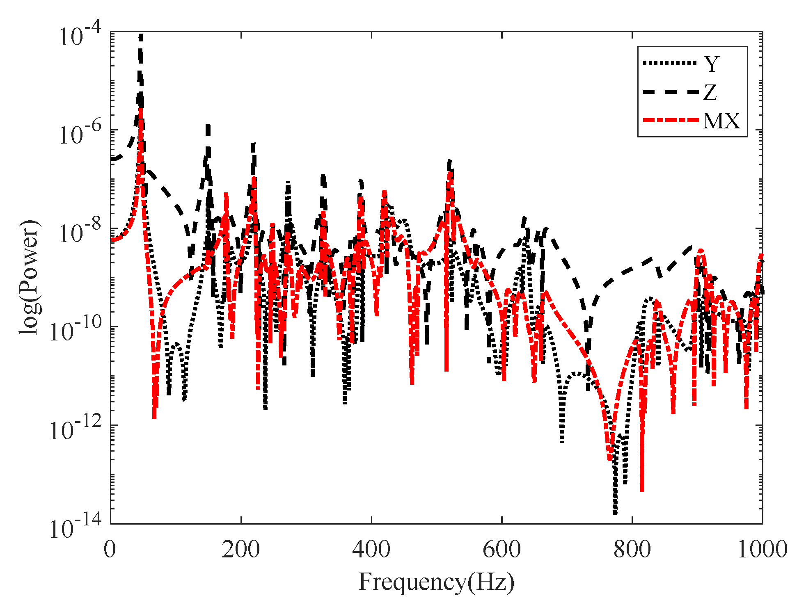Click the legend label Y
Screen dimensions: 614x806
pyautogui.click(x=712, y=64)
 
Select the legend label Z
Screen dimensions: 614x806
pyautogui.click(x=710, y=92)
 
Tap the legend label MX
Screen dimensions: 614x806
pyautogui.click(x=721, y=121)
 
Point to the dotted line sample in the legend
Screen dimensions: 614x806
pyautogui.click(x=670, y=63)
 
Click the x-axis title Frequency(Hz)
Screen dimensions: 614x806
pyautogui.click(x=436, y=582)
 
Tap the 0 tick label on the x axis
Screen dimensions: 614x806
pyautogui.click(x=110, y=550)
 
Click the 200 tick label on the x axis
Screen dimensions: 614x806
pyautogui.click(x=241, y=550)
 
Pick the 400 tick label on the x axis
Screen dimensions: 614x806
pyautogui.click(x=371, y=550)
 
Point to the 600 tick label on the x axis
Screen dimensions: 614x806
pyautogui.click(x=501, y=550)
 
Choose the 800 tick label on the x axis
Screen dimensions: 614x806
pyautogui.click(x=632, y=550)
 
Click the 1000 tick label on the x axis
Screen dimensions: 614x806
pyautogui.click(x=762, y=550)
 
